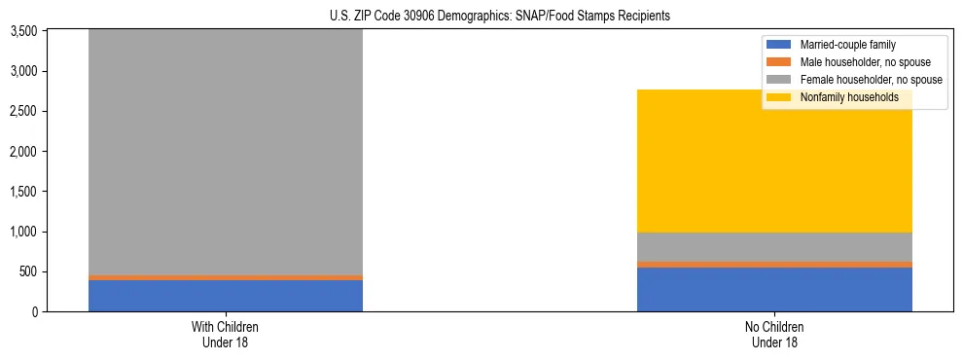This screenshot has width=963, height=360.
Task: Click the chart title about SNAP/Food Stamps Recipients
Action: click(481, 17)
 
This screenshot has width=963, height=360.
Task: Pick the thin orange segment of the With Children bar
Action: click(226, 277)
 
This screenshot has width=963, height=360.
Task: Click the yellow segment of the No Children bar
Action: click(774, 162)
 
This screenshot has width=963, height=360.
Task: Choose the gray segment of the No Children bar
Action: click(774, 247)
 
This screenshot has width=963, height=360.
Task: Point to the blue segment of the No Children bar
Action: click(774, 289)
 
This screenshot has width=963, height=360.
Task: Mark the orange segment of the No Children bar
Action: click(774, 264)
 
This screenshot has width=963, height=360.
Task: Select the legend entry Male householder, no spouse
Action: click(855, 62)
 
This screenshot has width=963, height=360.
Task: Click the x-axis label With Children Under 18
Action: click(226, 335)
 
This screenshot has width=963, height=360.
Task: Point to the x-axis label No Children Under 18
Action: click(774, 335)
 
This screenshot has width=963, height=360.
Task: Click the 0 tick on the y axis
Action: click(33, 312)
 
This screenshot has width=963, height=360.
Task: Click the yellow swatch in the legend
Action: click(779, 97)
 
